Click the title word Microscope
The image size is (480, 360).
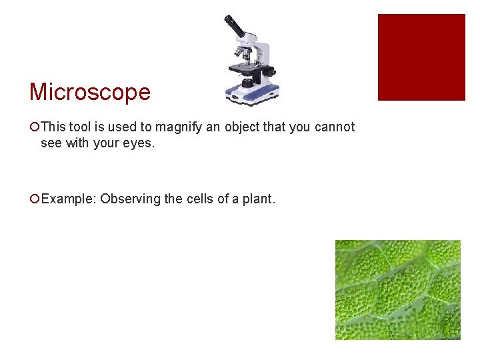tap(90, 92)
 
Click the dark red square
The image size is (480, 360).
tap(421, 57)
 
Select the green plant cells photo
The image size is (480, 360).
tap(397, 289)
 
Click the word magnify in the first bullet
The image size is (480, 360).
tap(177, 127)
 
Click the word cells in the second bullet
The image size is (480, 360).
tap(198, 199)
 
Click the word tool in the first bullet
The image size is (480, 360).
tap(75, 127)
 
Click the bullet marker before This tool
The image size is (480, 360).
tap(34, 127)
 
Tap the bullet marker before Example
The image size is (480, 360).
tap(34, 199)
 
